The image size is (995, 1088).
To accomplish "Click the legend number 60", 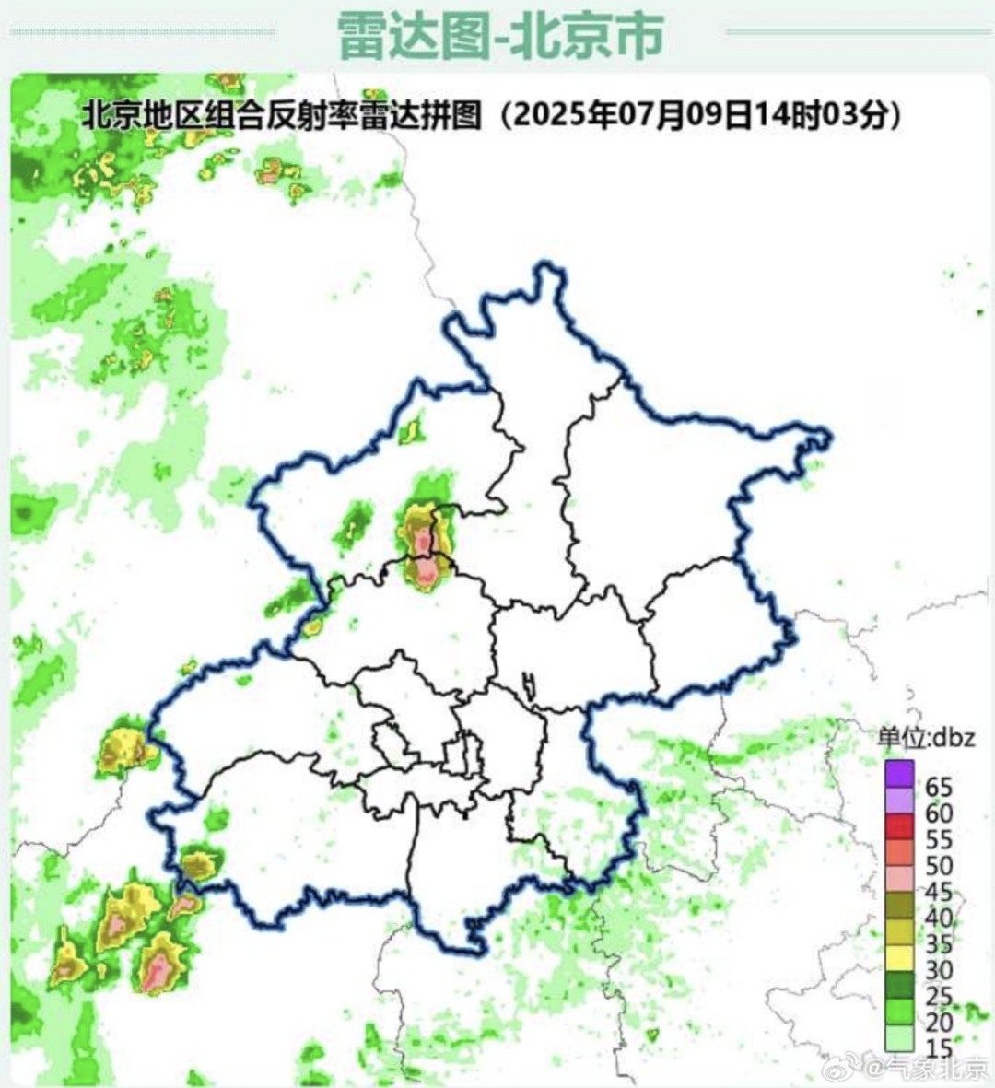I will click(939, 813).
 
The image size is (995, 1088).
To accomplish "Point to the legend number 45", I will click(939, 892).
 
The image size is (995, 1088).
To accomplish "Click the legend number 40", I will click(939, 918).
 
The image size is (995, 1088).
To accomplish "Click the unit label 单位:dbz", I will click(925, 737).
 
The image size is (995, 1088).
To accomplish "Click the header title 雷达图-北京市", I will click(499, 35).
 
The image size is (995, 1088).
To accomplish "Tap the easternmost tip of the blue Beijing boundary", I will click(829, 439).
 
